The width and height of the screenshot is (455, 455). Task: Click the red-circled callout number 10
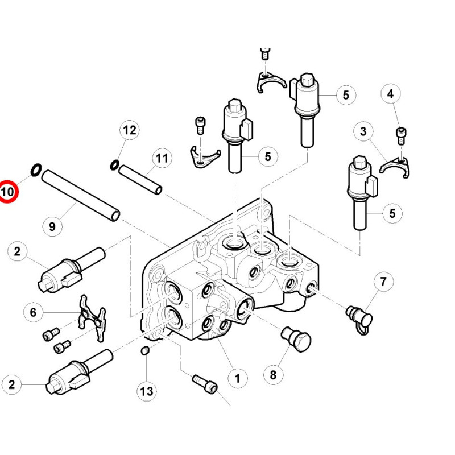[7, 192]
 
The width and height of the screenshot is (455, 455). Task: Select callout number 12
[130, 130]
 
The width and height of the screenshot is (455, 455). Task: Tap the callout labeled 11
[162, 158]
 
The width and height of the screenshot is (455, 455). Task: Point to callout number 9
[52, 226]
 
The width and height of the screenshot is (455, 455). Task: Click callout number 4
[391, 94]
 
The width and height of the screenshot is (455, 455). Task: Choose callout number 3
[363, 131]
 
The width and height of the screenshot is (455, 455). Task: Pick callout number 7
[383, 282]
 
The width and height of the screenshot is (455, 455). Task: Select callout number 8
[273, 375]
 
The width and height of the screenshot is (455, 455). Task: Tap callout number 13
[147, 391]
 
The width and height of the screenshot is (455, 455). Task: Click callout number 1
[238, 378]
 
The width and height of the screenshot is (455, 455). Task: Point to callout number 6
[34, 312]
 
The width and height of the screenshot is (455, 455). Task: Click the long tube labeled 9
[81, 195]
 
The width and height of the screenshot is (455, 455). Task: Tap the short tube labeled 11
[140, 180]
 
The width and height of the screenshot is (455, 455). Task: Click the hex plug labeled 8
[296, 338]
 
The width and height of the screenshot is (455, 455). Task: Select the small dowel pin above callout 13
[145, 350]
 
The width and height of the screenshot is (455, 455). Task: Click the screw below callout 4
[401, 136]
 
